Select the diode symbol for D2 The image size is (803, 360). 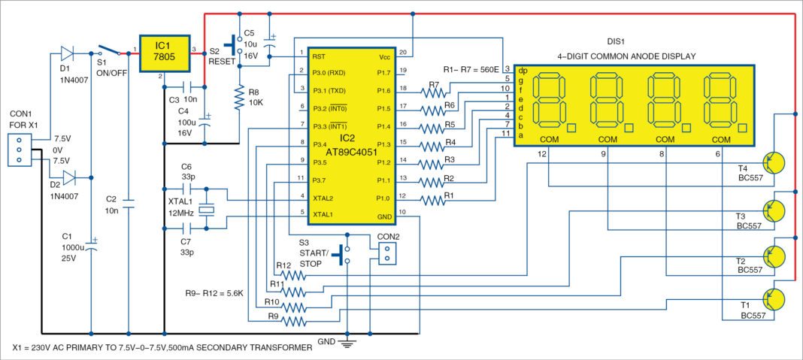tap(70, 178)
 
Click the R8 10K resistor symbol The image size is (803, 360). tap(239, 97)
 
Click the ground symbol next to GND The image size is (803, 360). tap(347, 343)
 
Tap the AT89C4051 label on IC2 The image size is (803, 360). tap(347, 150)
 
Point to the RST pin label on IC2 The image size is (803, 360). tap(319, 56)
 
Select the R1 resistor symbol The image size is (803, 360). tap(435, 199)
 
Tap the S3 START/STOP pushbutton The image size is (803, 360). tap(345, 255)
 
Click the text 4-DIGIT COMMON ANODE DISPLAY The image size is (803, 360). tap(626, 56)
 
